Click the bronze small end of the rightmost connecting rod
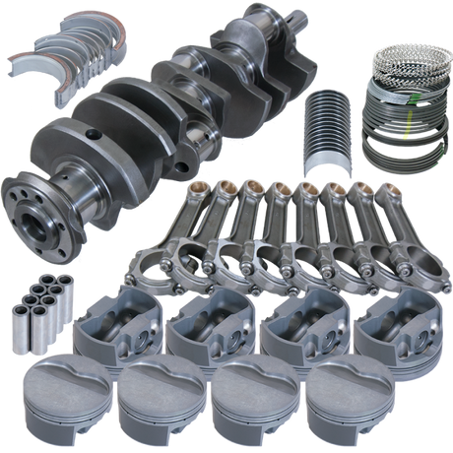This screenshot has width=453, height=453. pyautogui.click(x=390, y=186)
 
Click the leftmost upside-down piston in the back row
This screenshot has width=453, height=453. pyautogui.click(x=116, y=320)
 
